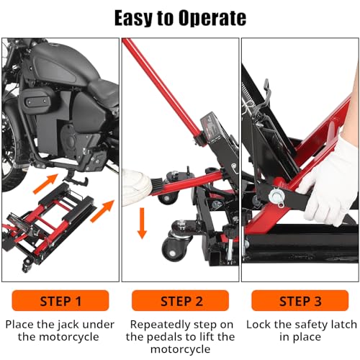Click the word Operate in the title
(x=212, y=18)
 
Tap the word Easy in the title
(x=133, y=18)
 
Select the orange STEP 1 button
(x=60, y=300)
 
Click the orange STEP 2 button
(x=180, y=300)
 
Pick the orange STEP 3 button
(x=300, y=300)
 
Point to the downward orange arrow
(x=142, y=223)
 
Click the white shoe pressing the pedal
(x=139, y=187)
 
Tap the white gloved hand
(x=329, y=182)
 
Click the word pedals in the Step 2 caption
(x=166, y=337)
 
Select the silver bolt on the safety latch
(x=276, y=196)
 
